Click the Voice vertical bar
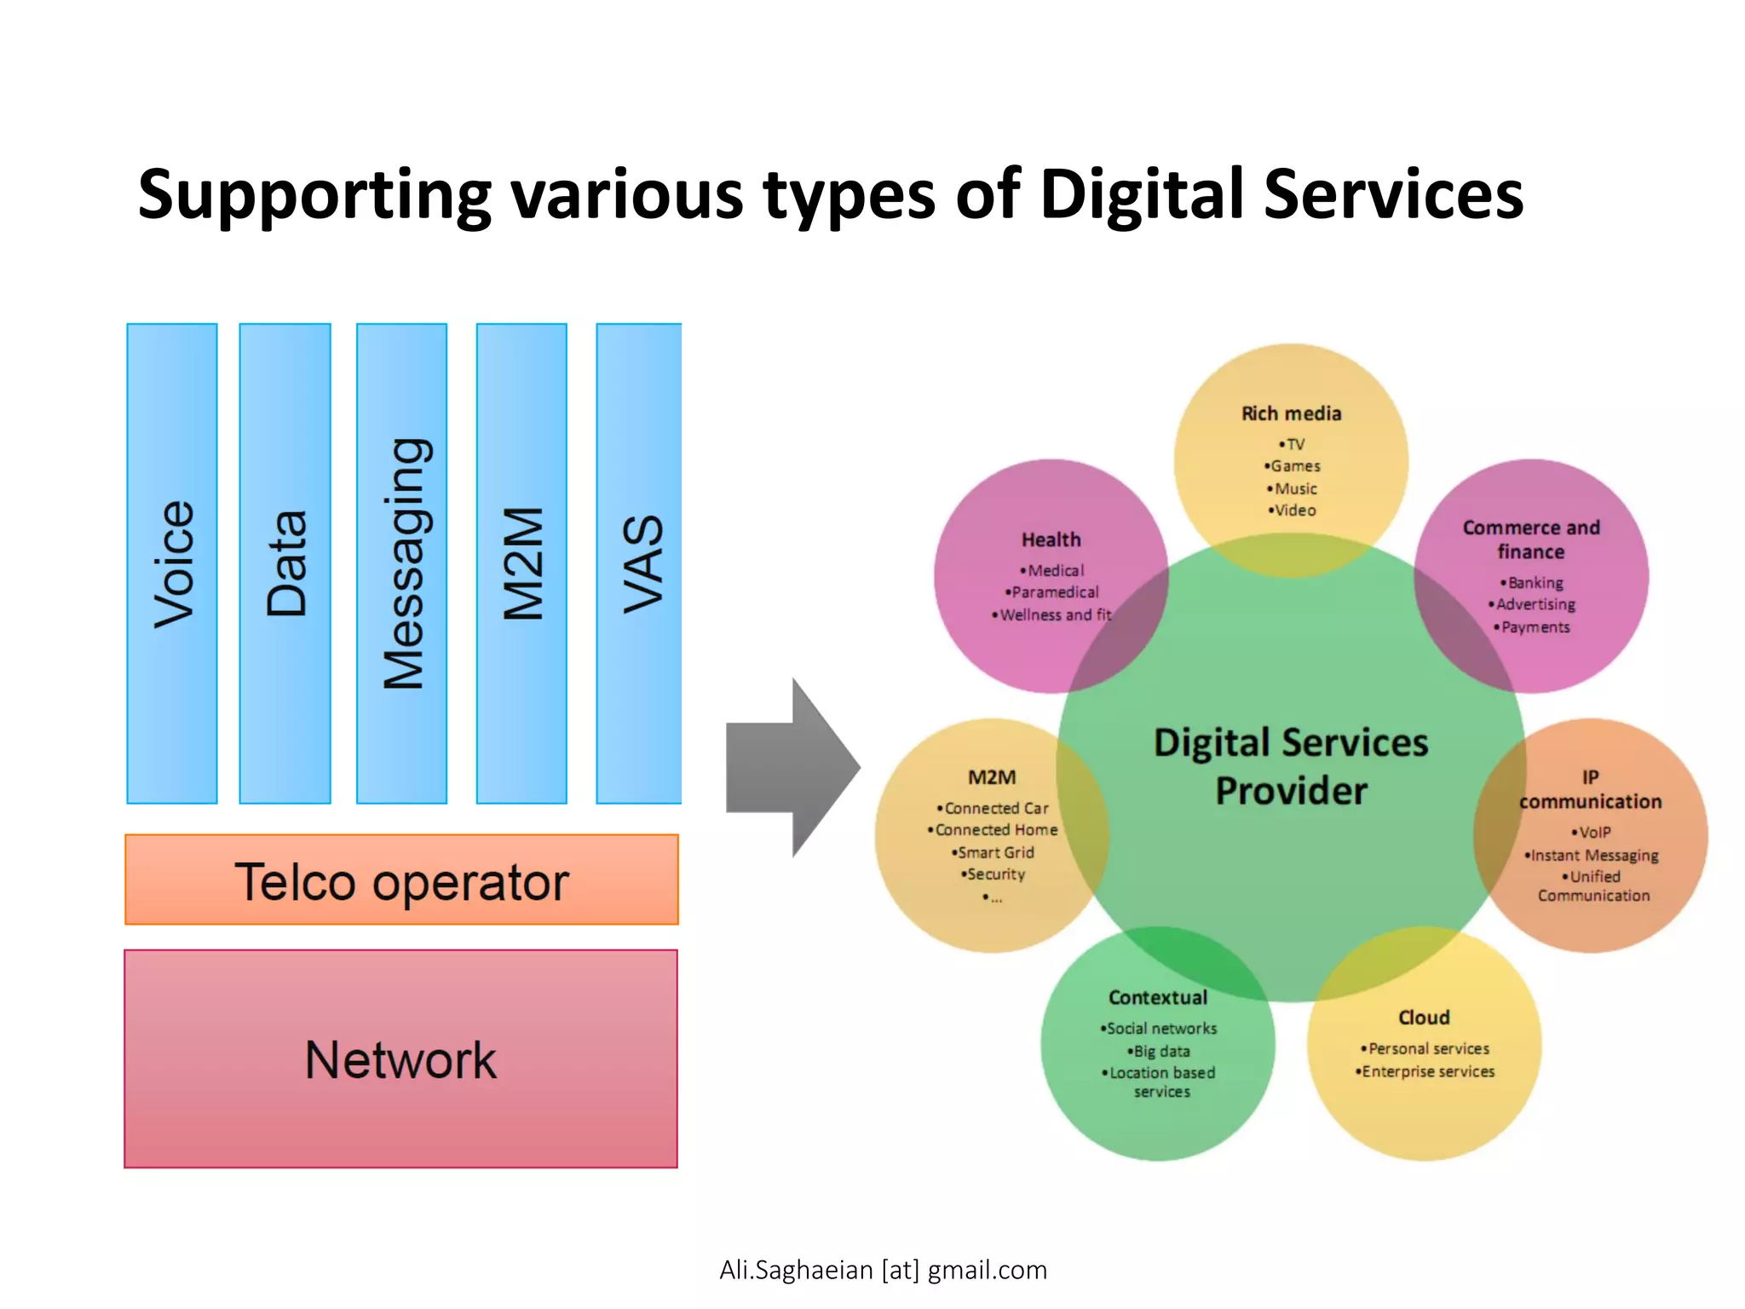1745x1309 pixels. (172, 563)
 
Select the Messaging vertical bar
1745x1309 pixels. (401, 563)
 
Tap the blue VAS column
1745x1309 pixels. (639, 563)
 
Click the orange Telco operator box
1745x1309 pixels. (401, 879)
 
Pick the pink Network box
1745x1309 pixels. (400, 1058)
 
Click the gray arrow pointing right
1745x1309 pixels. (792, 767)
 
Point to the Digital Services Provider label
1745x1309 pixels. (1290, 766)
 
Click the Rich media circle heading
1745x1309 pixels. (1291, 413)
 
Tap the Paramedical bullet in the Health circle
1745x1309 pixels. (1054, 592)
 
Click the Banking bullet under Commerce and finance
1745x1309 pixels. (1534, 583)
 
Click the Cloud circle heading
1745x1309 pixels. (1424, 1018)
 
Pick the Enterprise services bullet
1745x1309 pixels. (1427, 1071)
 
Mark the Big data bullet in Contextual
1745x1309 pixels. (1160, 1051)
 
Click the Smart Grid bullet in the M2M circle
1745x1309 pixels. (994, 852)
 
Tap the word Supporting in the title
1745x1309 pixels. (314, 195)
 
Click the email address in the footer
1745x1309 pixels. (883, 1270)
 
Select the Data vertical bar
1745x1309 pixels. (285, 563)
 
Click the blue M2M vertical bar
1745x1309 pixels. (521, 563)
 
